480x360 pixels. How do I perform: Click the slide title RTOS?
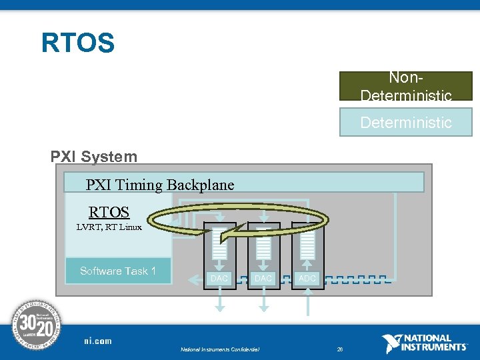click(78, 43)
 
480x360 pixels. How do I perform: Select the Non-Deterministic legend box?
click(405, 86)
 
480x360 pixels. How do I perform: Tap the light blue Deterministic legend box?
click(405, 123)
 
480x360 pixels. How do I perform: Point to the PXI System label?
click(94, 157)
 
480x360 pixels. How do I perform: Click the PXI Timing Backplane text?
click(160, 185)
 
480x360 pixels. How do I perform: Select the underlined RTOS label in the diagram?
click(109, 212)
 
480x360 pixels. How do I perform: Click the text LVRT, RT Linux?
click(109, 227)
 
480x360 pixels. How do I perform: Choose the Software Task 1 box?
click(118, 271)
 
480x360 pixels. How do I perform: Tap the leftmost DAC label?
click(219, 278)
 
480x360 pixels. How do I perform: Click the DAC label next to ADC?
click(263, 278)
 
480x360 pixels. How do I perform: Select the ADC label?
click(307, 278)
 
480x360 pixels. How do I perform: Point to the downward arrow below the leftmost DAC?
click(219, 303)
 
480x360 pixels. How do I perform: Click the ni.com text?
click(98, 341)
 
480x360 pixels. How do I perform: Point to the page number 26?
click(339, 349)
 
